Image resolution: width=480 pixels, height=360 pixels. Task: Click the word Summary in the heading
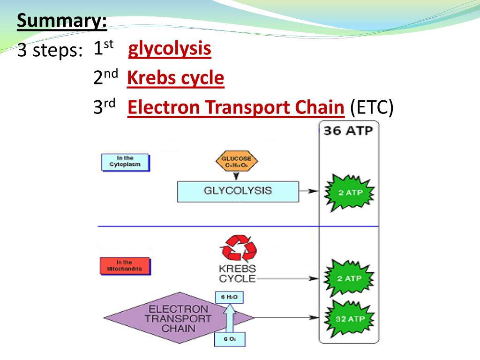61,21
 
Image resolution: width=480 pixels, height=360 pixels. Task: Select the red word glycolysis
170,49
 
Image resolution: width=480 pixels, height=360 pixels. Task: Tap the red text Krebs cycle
176,78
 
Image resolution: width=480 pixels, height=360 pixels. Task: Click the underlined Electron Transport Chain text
236,108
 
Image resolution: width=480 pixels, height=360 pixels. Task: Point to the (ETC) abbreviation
371,108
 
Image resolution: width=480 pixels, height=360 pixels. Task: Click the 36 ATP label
348,131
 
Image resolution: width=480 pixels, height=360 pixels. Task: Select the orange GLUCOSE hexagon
237,162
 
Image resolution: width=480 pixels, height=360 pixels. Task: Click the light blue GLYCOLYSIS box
238,191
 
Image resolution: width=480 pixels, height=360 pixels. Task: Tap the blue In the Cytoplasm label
125,162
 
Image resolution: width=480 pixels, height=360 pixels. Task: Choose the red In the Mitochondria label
124,266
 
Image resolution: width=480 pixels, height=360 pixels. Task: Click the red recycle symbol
239,249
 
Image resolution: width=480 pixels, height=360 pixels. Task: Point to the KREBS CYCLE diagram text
237,274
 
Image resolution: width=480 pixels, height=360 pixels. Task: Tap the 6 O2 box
229,339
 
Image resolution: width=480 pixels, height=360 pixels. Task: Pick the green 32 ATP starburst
350,319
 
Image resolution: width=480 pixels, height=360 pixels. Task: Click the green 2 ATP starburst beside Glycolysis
350,193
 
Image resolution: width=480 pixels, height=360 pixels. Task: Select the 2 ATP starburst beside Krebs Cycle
350,278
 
